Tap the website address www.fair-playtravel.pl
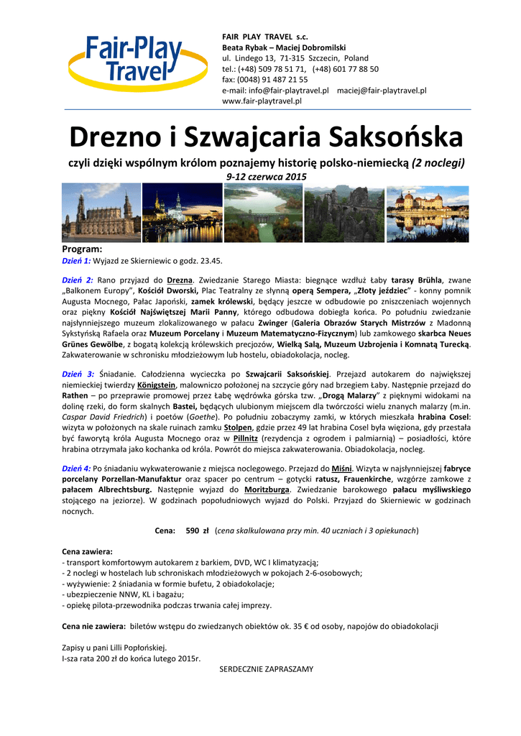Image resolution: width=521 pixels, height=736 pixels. [x=262, y=101]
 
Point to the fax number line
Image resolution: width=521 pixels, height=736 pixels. [x=264, y=80]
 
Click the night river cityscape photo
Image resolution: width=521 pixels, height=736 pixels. [x=182, y=212]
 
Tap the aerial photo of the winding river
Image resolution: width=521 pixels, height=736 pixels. [x=263, y=212]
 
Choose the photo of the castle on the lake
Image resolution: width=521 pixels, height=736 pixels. [x=428, y=212]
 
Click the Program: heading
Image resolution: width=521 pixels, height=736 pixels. [x=83, y=249]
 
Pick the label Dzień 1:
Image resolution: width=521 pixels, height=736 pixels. [x=76, y=260]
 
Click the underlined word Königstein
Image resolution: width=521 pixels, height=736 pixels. [x=157, y=385]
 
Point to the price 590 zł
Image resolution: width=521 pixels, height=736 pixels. [x=197, y=530]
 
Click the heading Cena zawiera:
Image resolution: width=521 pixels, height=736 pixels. [x=88, y=551]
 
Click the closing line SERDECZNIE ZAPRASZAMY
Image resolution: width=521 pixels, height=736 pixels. [x=266, y=669]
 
